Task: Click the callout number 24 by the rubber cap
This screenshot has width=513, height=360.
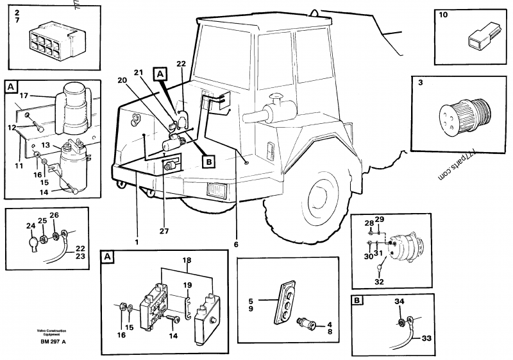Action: tap(30, 225)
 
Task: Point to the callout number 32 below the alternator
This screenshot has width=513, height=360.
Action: tap(380, 281)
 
